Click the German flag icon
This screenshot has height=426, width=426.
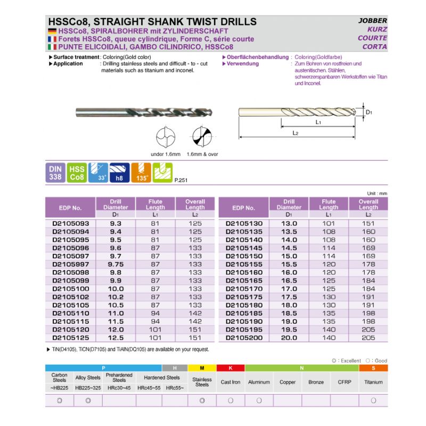(52, 31)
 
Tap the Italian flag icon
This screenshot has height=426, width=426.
(52, 47)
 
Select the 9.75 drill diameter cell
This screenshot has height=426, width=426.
(116, 264)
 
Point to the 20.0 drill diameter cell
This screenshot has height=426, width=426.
(289, 338)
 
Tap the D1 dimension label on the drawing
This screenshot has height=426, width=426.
(369, 112)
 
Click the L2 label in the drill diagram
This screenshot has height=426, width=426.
(295, 133)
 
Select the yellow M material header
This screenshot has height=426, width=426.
(202, 368)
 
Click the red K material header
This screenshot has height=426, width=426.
(230, 368)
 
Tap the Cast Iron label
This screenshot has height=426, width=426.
(230, 382)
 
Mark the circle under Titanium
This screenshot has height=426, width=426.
(373, 400)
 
